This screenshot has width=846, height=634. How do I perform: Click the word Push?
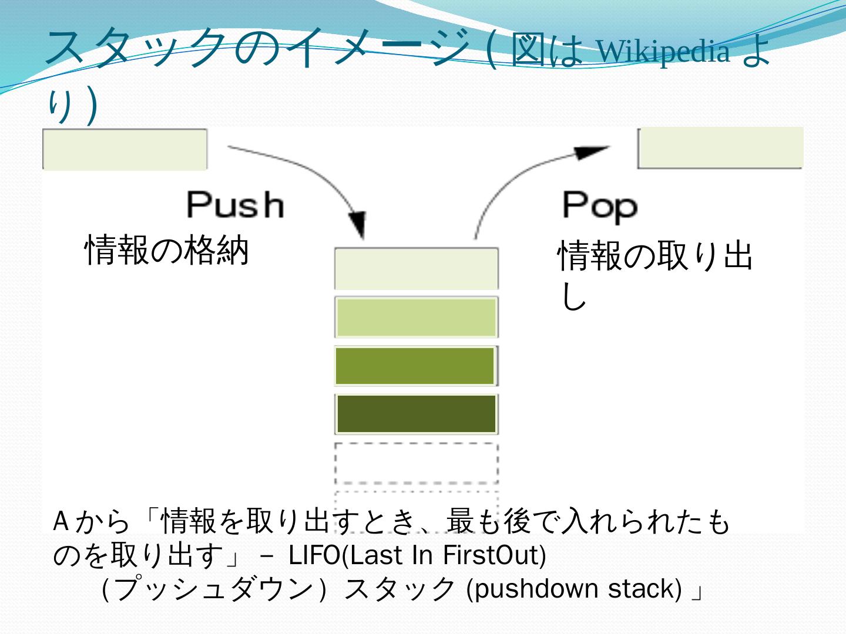(x=235, y=205)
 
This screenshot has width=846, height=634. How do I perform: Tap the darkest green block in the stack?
(x=416, y=414)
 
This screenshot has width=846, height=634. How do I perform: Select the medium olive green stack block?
(x=415, y=366)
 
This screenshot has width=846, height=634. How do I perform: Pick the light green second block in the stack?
(x=416, y=318)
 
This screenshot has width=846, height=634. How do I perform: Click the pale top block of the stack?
(x=416, y=269)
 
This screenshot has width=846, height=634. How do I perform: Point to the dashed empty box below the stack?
(x=416, y=463)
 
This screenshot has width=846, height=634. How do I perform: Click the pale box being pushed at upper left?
(x=125, y=149)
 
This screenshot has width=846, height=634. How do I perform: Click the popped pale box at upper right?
(x=720, y=148)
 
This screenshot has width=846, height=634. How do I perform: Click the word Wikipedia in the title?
(x=664, y=52)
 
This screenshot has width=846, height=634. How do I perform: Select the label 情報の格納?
(x=167, y=249)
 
